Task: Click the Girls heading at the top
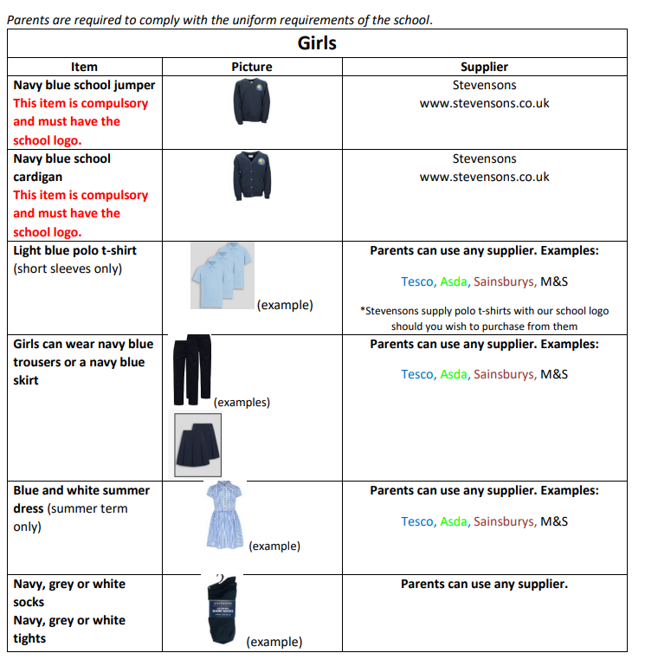pos(317,43)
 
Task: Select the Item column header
pos(84,67)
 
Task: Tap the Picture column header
pos(252,67)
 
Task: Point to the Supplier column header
pos(484,67)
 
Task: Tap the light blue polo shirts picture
pos(223,275)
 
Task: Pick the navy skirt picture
pos(197,444)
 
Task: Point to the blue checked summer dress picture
pos(223,514)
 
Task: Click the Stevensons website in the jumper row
pos(484,103)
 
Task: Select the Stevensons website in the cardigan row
pos(484,177)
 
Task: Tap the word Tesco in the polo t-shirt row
pos(418,281)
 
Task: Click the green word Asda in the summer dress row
pos(453,521)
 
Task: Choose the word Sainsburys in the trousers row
pos(504,375)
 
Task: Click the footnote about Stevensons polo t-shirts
pos(484,319)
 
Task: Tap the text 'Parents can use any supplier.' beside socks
pos(484,584)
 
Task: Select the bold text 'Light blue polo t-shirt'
pos(74,250)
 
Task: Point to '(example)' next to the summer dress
pos(274,546)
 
